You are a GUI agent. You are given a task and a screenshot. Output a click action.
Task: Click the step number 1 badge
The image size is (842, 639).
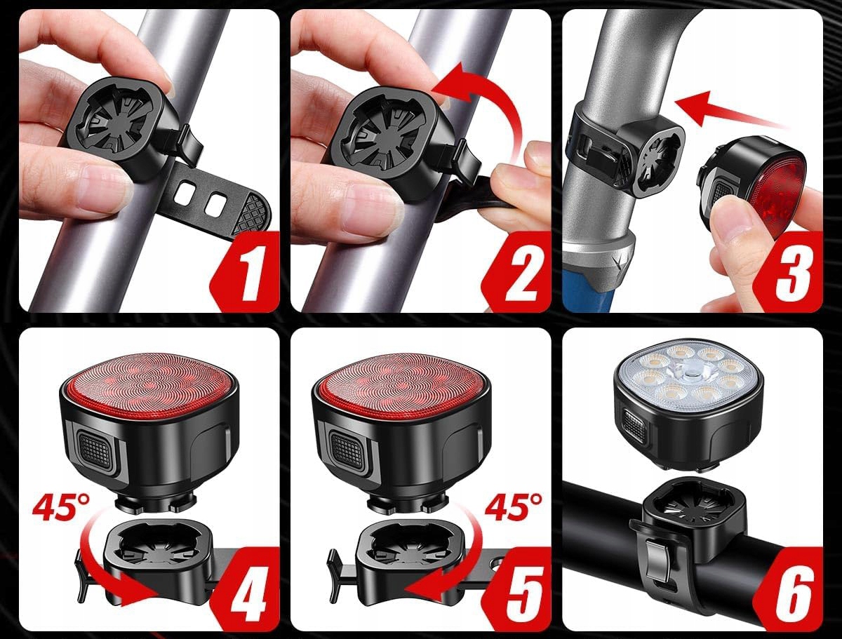(x=246, y=271)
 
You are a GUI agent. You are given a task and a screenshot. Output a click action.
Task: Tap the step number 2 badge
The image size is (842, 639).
(x=517, y=271)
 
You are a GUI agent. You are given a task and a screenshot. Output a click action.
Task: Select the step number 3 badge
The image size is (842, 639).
(x=789, y=271)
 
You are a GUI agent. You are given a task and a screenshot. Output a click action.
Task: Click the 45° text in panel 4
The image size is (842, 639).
(x=61, y=507)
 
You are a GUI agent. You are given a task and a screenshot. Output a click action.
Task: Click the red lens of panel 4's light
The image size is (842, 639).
(x=149, y=385)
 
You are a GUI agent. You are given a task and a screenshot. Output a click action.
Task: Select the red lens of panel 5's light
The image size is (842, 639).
(x=401, y=384)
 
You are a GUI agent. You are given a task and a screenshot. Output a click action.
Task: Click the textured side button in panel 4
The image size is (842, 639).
(x=97, y=450)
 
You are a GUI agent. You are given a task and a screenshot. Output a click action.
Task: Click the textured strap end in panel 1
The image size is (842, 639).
(x=251, y=213)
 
